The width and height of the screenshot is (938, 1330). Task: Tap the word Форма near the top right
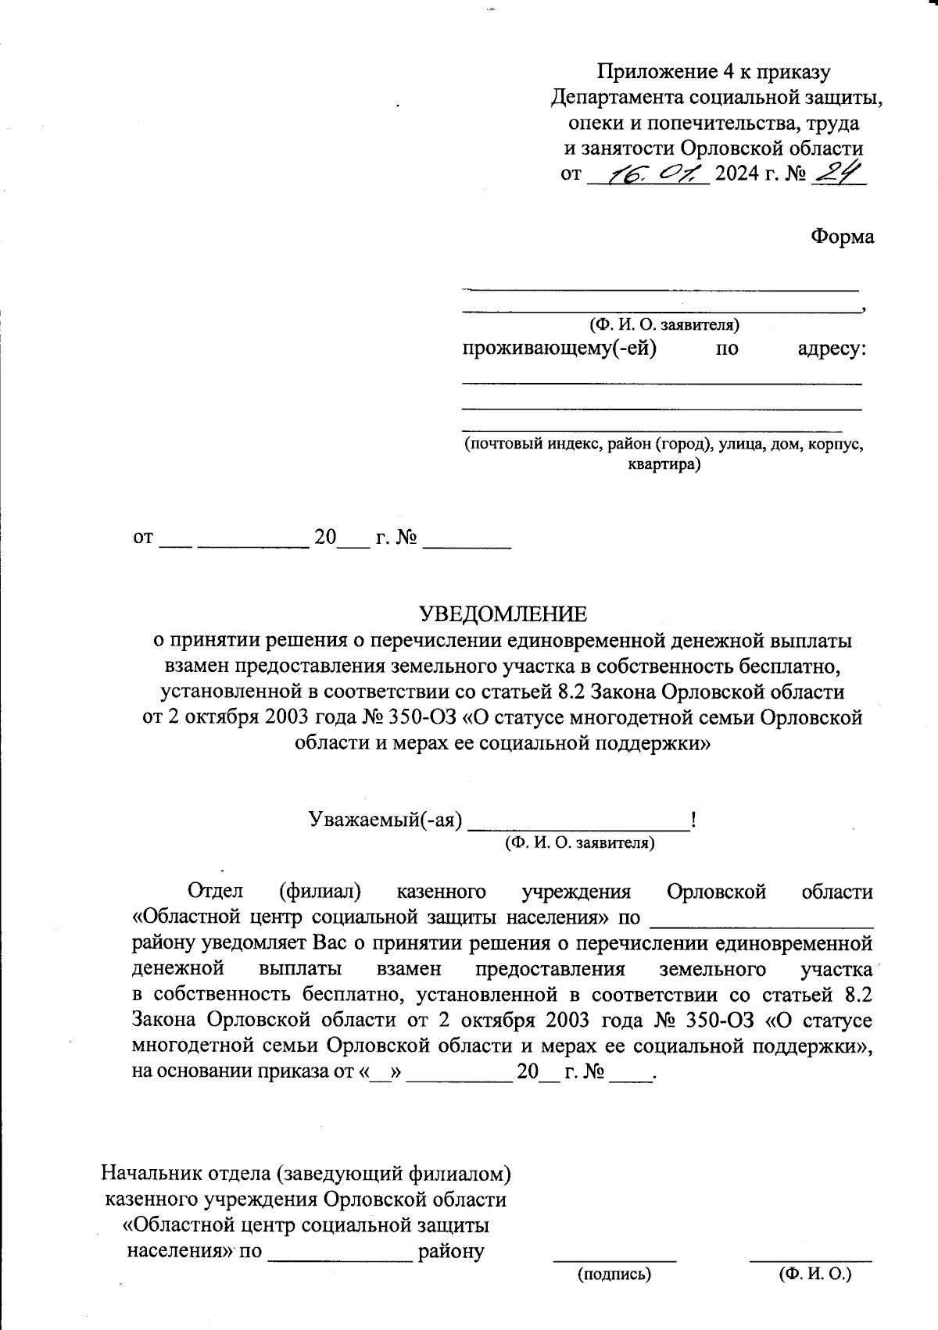point(842,237)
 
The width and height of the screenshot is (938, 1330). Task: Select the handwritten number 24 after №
point(839,172)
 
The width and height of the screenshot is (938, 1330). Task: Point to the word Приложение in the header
point(653,72)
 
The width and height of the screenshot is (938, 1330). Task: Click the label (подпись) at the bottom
point(614,1275)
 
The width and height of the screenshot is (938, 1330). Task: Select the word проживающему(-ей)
point(560,348)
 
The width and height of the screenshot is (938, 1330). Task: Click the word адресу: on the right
point(832,348)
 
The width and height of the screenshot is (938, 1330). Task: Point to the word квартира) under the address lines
point(664,465)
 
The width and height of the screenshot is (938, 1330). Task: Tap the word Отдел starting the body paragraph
point(215,892)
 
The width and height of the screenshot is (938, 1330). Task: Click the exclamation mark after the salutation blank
point(693,820)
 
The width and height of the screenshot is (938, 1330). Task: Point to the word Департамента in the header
point(618,98)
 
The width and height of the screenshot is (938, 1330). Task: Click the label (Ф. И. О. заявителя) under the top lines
point(664,324)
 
